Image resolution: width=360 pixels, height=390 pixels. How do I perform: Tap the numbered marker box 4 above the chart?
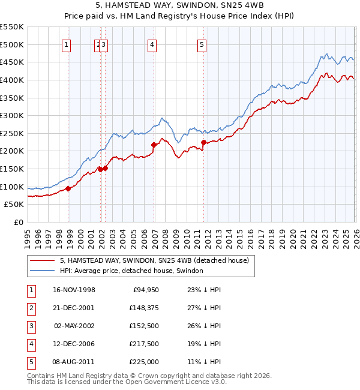(x=152, y=44)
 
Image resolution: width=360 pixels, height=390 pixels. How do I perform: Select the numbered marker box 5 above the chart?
(x=202, y=44)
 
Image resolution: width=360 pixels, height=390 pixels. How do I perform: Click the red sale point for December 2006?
(x=154, y=145)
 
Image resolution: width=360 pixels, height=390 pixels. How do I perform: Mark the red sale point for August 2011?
(x=203, y=142)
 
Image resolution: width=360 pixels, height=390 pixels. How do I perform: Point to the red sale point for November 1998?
(x=68, y=188)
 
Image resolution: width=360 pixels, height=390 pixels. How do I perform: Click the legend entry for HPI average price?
(x=131, y=271)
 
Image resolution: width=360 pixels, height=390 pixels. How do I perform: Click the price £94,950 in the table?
(x=145, y=290)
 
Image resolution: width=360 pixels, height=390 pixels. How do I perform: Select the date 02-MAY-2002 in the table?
(x=74, y=326)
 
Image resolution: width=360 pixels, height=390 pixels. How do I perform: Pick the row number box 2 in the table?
(x=31, y=308)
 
